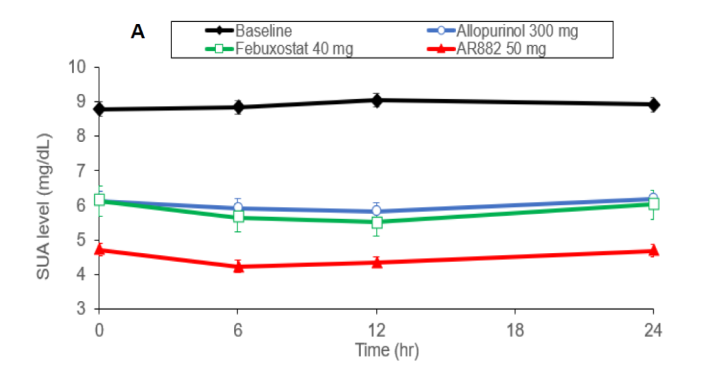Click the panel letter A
[138, 32]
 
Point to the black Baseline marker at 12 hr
[377, 101]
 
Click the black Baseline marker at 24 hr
[653, 105]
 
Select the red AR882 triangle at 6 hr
[238, 266]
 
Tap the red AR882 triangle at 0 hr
[99, 250]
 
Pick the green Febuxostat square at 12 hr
[377, 222]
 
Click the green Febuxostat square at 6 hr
[238, 216]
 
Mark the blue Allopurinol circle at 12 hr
[377, 211]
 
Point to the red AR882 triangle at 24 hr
[653, 250]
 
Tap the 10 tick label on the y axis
[79, 67]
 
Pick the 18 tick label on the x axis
[515, 330]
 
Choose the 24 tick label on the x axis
[653, 330]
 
